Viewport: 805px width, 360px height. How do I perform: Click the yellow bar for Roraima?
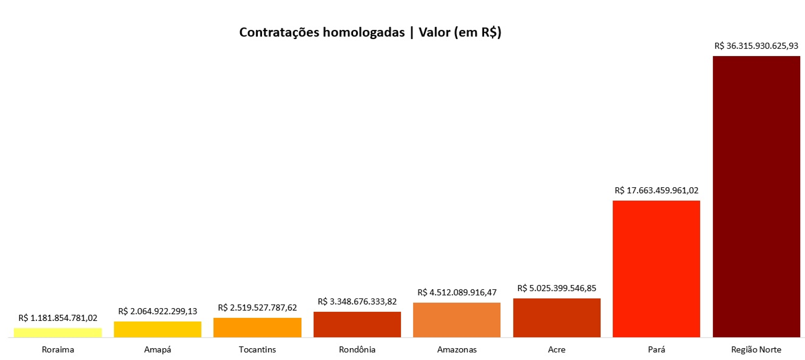[58, 332]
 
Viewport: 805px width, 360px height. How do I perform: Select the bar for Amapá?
[158, 329]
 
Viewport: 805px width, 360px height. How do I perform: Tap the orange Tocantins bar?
[257, 327]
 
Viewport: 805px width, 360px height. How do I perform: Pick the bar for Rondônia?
[357, 324]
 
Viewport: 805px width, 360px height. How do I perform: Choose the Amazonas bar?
[457, 320]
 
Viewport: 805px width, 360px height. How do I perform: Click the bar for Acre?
[557, 318]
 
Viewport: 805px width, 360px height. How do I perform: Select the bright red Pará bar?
[656, 269]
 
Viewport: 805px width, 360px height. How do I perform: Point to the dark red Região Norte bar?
[756, 196]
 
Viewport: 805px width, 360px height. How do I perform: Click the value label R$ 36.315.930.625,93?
[756, 46]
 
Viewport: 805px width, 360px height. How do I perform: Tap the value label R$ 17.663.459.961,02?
[656, 190]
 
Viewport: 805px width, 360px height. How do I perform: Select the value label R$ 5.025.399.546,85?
[557, 288]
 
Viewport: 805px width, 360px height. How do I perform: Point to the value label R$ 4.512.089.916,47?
[457, 293]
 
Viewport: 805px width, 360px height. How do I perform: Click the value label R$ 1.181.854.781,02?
[58, 318]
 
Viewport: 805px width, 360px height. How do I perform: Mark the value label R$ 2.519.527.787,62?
[257, 308]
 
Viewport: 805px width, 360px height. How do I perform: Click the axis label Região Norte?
[756, 350]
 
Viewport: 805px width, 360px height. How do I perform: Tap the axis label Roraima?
[58, 350]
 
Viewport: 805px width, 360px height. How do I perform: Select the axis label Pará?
[656, 350]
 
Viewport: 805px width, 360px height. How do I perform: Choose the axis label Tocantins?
[257, 350]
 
